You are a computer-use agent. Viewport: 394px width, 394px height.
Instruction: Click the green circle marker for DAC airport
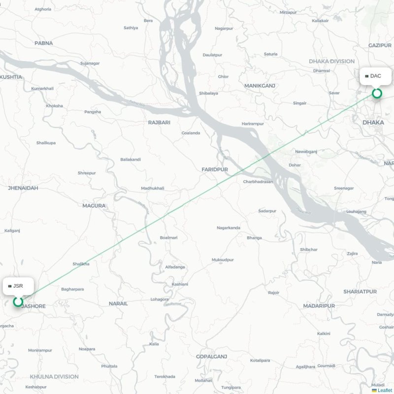[377, 93]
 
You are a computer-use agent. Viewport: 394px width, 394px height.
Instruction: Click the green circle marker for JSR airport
[18, 301]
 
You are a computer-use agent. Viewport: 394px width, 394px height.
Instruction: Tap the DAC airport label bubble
[376, 76]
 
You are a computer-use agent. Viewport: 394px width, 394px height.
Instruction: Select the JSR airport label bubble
[18, 286]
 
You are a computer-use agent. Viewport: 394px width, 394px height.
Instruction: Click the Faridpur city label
[215, 169]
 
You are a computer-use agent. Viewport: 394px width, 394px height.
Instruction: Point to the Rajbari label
[159, 122]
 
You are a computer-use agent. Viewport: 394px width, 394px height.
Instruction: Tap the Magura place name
[94, 205]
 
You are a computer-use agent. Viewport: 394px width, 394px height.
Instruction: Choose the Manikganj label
[260, 86]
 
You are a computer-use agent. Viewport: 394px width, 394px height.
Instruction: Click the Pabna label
[43, 43]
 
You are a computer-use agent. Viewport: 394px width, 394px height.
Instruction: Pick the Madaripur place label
[319, 306]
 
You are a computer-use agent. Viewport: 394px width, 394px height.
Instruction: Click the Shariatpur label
[360, 292]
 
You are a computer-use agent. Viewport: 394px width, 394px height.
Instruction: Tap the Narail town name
[118, 303]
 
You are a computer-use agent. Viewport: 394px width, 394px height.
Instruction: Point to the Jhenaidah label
[23, 188]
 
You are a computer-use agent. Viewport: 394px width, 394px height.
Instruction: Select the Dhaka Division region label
[331, 61]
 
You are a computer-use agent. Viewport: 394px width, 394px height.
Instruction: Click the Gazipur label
[379, 45]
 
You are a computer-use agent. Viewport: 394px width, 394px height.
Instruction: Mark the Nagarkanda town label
[229, 228]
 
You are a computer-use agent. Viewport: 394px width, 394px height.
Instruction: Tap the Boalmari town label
[168, 237]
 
